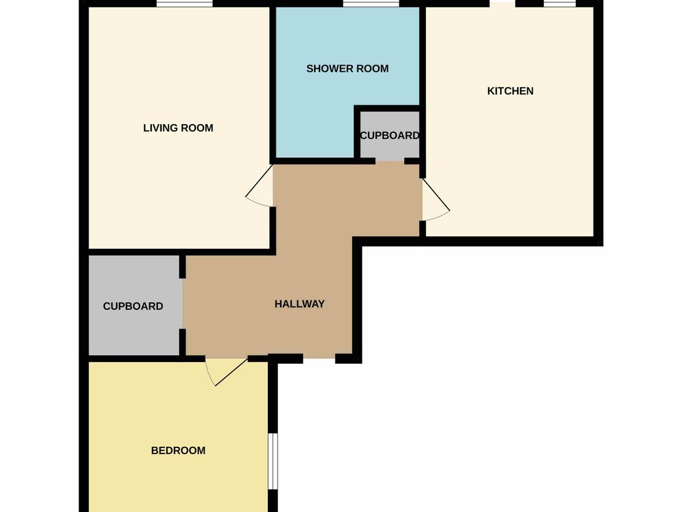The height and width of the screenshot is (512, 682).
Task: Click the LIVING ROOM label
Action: pos(178,128)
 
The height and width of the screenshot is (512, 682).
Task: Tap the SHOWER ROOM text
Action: pos(347,69)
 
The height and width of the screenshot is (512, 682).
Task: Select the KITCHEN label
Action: pos(510,91)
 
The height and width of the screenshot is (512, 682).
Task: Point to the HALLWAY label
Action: pos(299,304)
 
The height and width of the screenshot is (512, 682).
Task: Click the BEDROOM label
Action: pos(178,451)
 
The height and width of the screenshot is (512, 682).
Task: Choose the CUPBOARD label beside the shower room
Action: pos(390,135)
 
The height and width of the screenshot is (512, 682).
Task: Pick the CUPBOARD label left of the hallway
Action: pos(133,306)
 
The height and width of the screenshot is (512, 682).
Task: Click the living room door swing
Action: pos(259,186)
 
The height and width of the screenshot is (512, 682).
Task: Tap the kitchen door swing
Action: pos(436,200)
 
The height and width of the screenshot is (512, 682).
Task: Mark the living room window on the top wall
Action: pos(185,4)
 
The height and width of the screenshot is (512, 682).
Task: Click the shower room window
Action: pos(371,4)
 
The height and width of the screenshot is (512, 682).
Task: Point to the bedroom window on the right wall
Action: pos(273,461)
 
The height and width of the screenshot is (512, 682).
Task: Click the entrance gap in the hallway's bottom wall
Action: pos(319,358)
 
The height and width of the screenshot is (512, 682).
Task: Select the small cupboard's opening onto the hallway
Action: pos(390,161)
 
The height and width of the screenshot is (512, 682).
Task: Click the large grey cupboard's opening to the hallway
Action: pos(182,304)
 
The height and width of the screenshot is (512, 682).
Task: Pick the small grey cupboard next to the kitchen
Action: pos(390,135)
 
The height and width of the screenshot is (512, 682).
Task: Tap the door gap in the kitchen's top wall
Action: pos(503,4)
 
